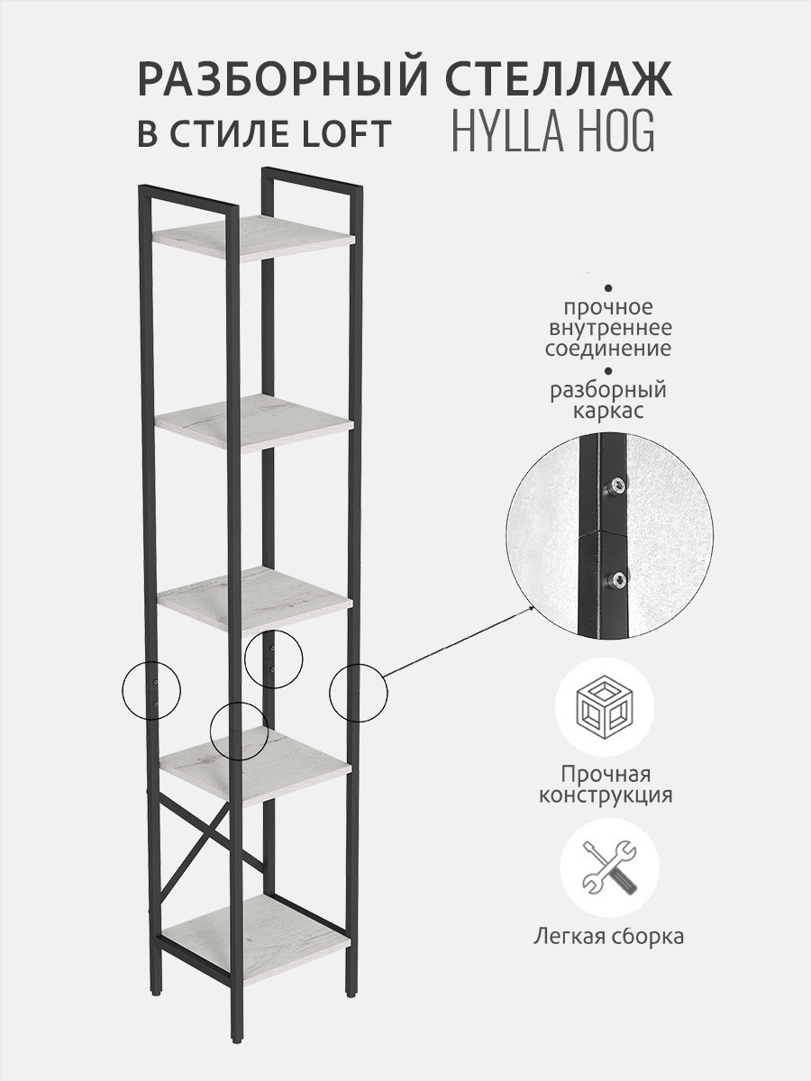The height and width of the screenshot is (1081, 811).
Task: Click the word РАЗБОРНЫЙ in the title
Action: point(283,78)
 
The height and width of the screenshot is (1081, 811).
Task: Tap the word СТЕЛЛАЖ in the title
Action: point(559,78)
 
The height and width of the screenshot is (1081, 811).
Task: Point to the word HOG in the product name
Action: point(624,131)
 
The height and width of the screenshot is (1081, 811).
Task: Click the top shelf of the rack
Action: point(253,236)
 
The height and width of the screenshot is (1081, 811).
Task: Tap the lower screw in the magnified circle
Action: point(617,581)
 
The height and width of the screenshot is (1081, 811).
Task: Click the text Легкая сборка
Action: point(608,935)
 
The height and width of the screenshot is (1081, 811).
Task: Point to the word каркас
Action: point(608,411)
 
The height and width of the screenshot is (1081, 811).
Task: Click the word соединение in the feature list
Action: point(607,349)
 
